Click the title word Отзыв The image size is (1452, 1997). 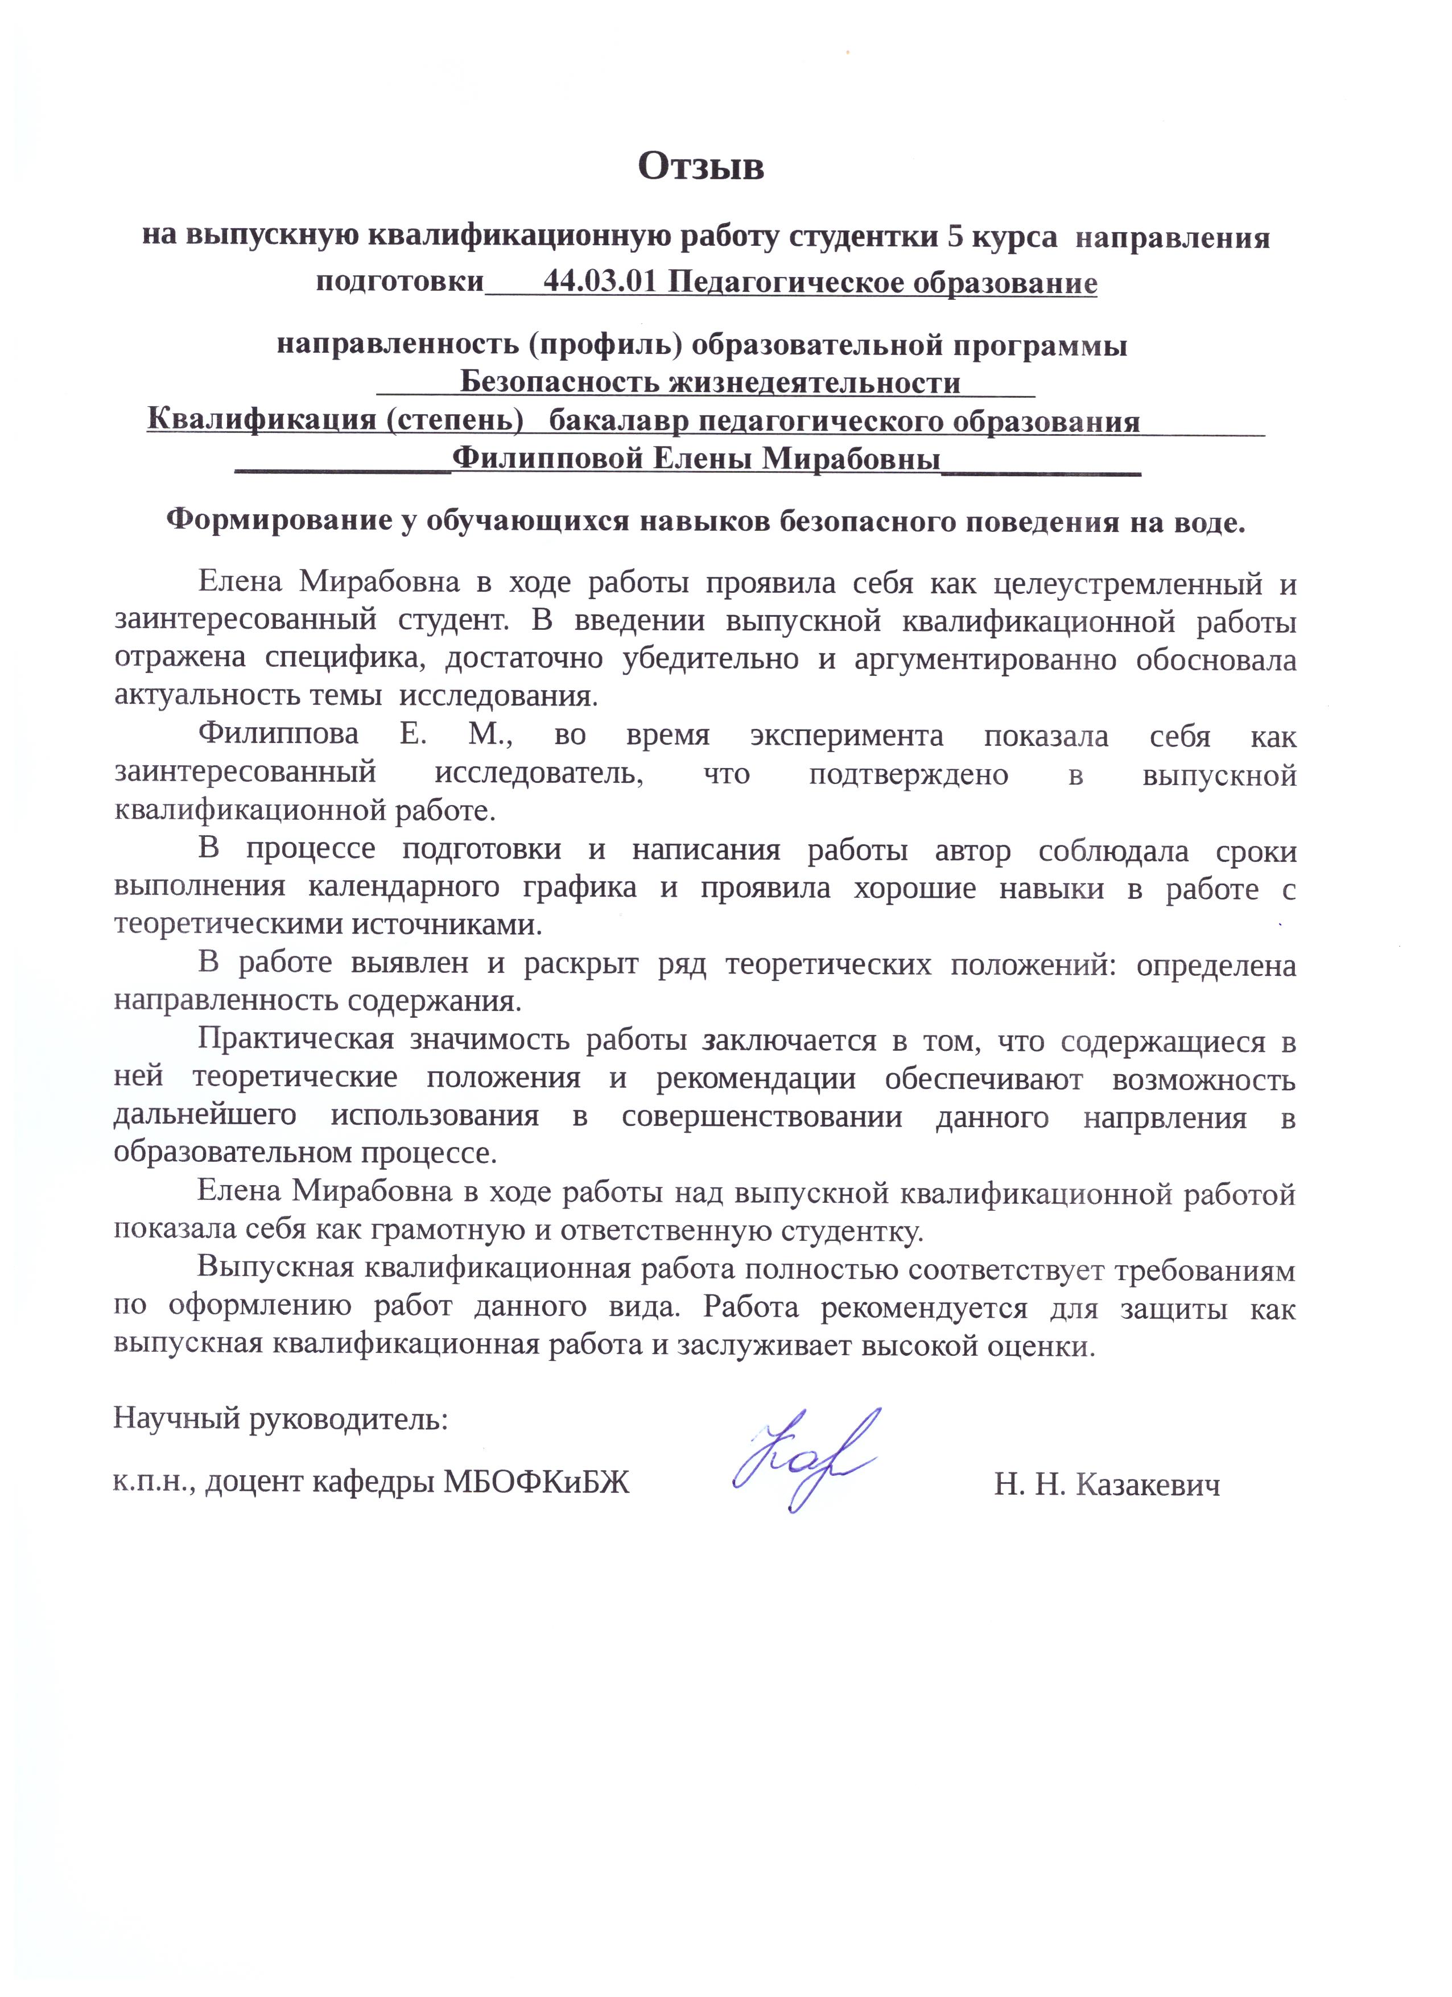click(x=701, y=166)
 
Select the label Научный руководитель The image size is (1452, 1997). click(x=280, y=1420)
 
